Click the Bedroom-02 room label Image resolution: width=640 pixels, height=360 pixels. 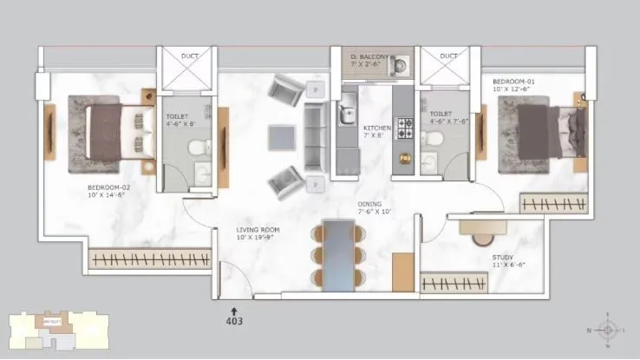coord(108,192)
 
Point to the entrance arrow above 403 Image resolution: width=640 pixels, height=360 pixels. coord(232,308)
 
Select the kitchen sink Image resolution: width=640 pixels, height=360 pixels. coord(347,113)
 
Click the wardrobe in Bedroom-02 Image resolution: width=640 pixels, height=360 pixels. coord(150,259)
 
